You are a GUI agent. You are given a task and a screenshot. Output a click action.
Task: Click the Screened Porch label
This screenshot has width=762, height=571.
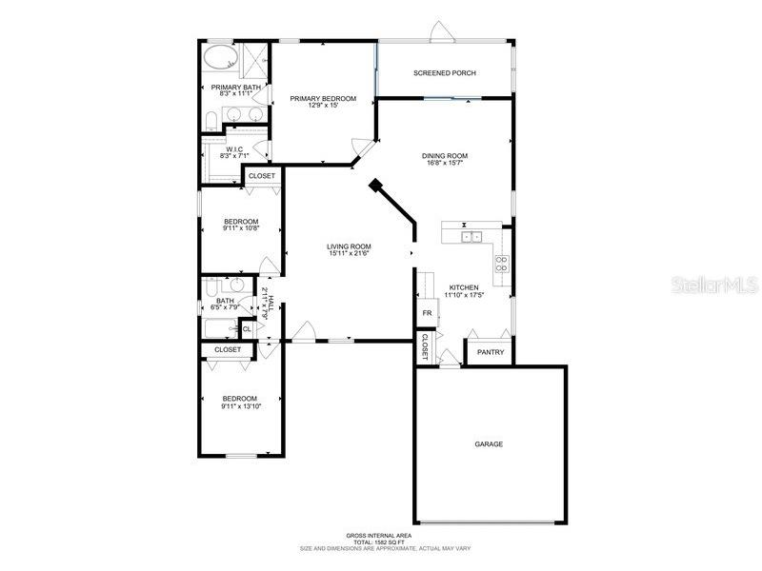444,73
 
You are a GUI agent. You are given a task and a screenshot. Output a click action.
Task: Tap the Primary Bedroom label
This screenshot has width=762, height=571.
323,99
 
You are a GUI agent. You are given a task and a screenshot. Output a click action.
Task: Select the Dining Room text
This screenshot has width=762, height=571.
445,156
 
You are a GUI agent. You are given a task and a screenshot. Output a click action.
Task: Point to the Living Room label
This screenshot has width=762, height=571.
349,246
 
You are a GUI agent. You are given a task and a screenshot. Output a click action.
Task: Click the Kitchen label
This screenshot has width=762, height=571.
464,287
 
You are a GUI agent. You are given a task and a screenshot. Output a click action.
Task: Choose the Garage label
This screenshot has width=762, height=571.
489,444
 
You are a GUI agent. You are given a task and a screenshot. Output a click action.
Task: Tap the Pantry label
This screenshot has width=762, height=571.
491,352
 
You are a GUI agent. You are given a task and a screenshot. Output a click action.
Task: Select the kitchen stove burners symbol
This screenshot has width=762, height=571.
501,264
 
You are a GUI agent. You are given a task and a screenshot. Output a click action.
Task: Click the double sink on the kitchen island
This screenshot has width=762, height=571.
471,236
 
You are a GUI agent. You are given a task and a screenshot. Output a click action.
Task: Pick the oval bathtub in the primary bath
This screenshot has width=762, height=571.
219,58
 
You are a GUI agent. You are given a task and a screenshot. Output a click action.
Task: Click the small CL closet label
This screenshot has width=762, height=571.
246,329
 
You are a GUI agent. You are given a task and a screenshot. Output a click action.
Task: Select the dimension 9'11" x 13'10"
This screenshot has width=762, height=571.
240,406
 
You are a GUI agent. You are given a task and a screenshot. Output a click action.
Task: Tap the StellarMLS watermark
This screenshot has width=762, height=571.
713,285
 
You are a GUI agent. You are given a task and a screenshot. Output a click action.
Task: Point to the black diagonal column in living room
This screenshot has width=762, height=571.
377,187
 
